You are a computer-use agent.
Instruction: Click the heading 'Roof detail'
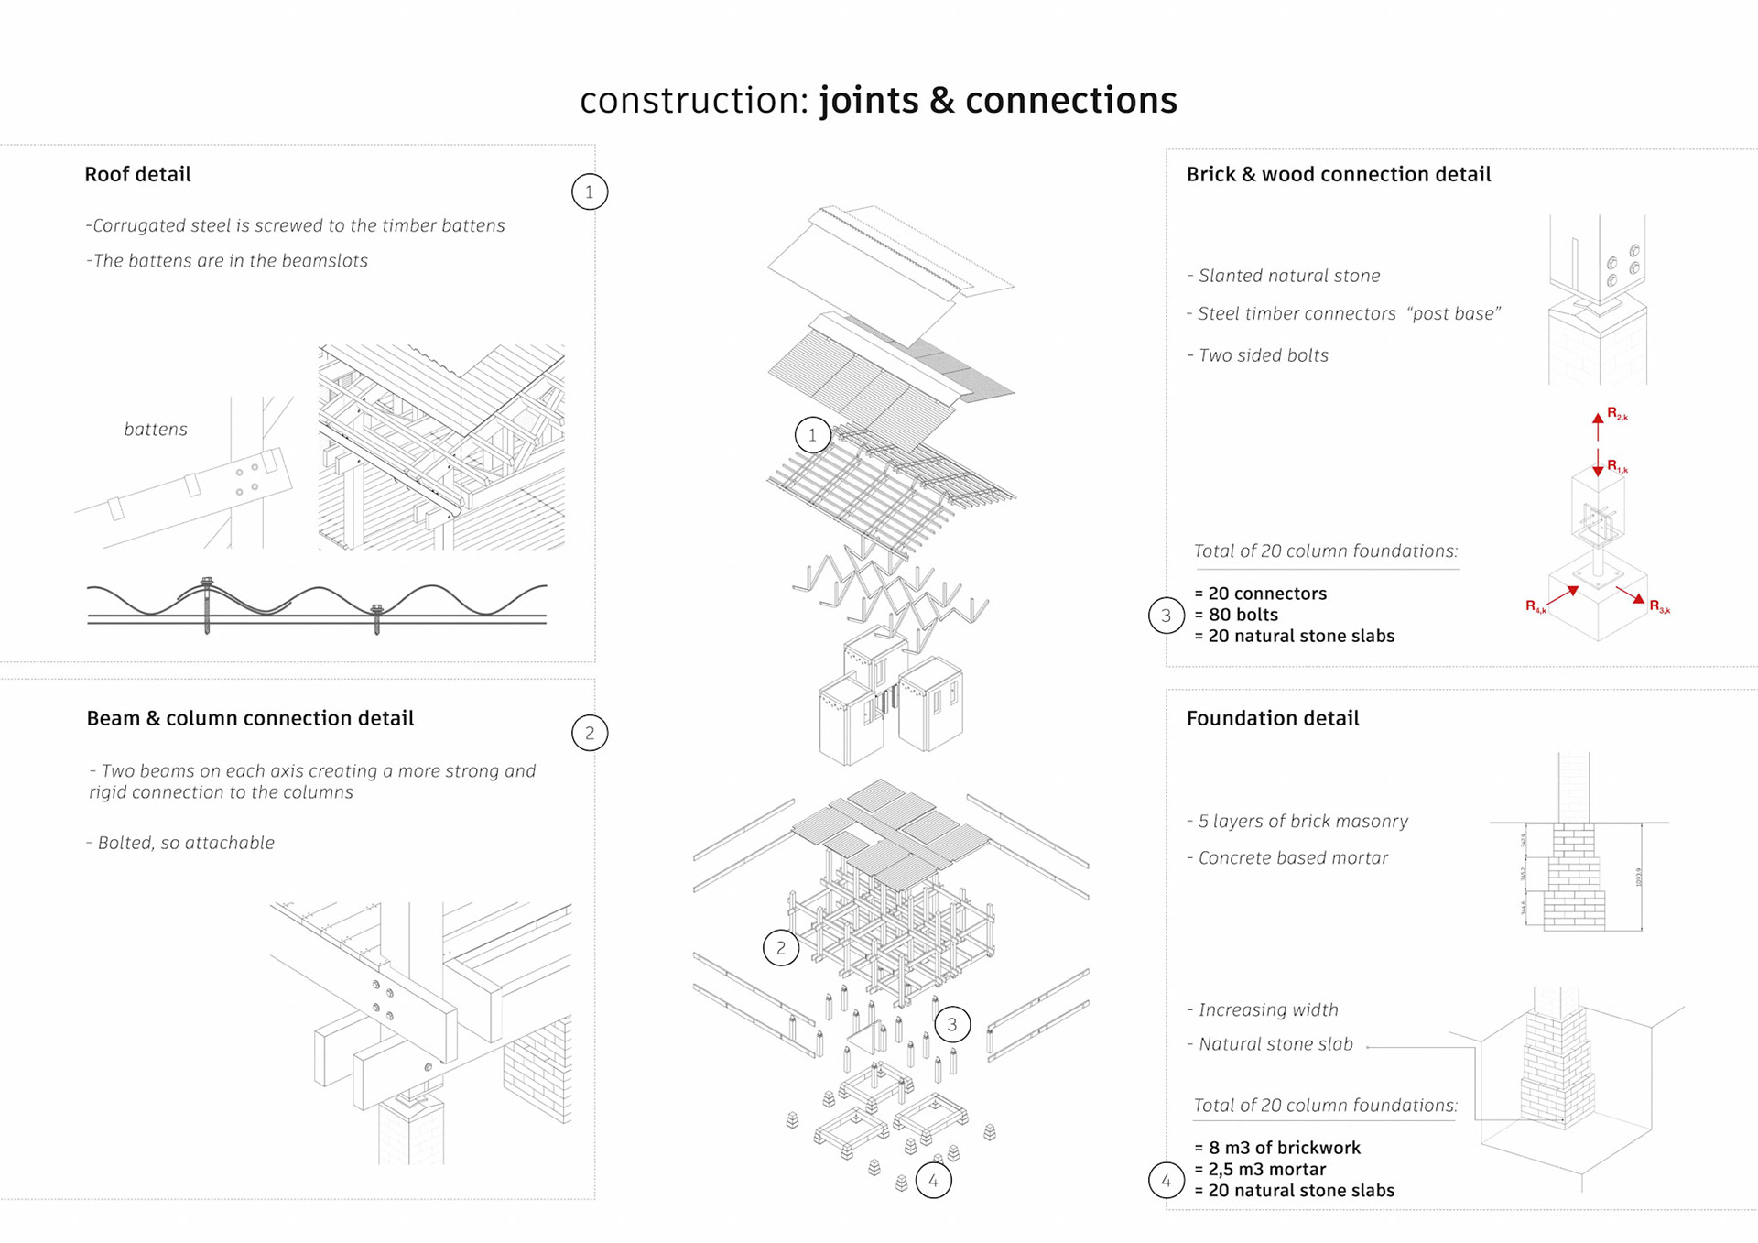[x=137, y=174]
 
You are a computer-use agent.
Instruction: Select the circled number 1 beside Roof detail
[x=590, y=192]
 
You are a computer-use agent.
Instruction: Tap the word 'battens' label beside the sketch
[x=156, y=429]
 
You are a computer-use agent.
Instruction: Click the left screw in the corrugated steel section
[x=207, y=605]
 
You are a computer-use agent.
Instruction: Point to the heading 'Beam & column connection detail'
[x=250, y=718]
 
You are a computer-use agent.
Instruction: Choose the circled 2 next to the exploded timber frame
[x=781, y=948]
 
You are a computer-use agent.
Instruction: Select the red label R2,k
[x=1617, y=414]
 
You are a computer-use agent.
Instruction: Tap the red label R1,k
[x=1617, y=467]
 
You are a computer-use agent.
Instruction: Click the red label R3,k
[x=1659, y=606]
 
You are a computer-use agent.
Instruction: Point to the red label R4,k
[x=1536, y=606]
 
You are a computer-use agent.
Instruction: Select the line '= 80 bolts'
[x=1236, y=615]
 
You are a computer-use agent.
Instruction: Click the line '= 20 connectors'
[x=1260, y=594]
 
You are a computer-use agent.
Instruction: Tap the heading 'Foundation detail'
[x=1273, y=718]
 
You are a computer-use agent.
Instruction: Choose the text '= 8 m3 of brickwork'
[x=1277, y=1148]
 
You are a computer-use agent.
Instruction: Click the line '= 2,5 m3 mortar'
[x=1260, y=1169]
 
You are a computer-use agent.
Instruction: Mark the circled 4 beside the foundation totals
[x=1167, y=1181]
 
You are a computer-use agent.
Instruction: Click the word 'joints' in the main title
[x=869, y=101]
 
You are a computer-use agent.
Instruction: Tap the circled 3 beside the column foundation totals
[x=1167, y=616]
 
